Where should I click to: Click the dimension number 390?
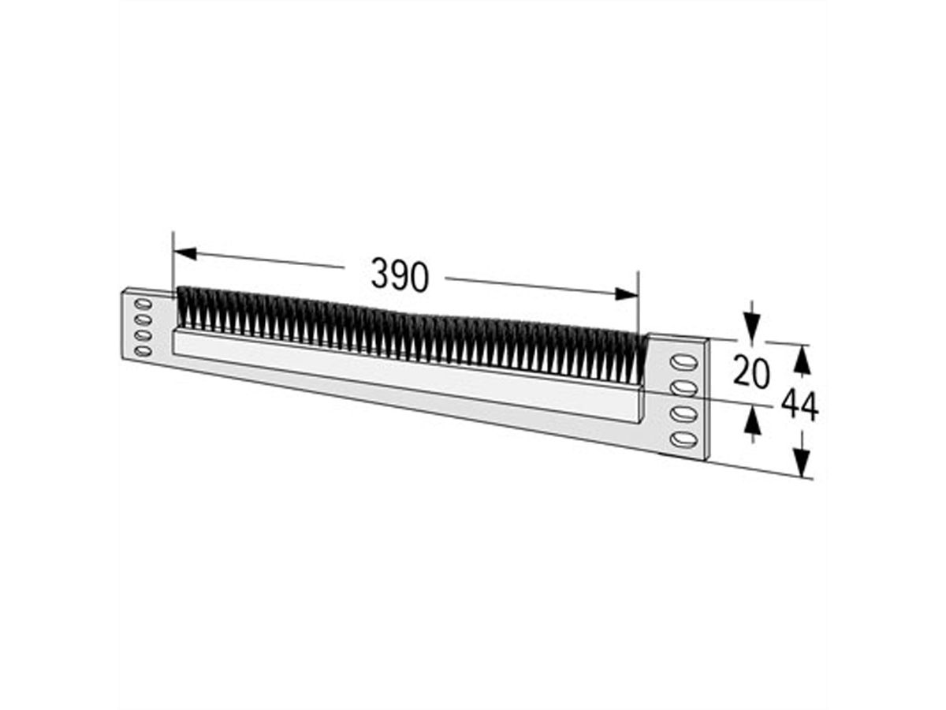point(400,275)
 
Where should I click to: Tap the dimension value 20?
point(750,371)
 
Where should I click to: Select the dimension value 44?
point(799,406)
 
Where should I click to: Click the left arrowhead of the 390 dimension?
point(184,253)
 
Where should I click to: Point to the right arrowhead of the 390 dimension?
point(627,293)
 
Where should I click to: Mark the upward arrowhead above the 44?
point(802,361)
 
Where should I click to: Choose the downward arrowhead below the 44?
point(803,461)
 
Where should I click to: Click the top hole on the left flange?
point(143,304)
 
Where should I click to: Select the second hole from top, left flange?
point(143,319)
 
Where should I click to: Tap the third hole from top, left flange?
point(143,335)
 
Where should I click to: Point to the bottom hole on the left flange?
point(143,351)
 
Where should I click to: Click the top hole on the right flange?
point(683,362)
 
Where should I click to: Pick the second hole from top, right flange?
point(683,387)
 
